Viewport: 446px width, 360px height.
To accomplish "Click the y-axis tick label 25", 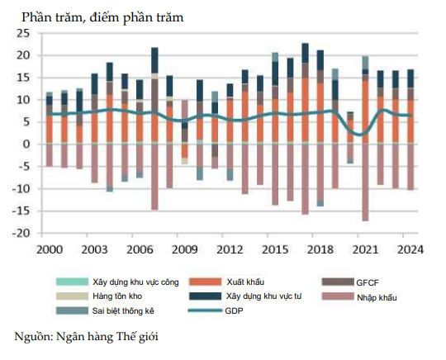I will click(x=22, y=33).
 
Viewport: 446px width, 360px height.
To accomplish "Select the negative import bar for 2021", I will click(x=364, y=182).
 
